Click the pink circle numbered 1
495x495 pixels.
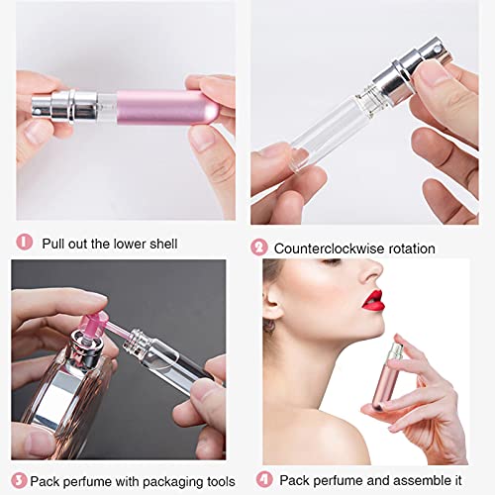click(x=26, y=242)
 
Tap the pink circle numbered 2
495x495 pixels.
click(x=260, y=247)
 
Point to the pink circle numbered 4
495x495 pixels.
click(x=262, y=479)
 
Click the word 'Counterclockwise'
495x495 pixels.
click(x=326, y=248)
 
